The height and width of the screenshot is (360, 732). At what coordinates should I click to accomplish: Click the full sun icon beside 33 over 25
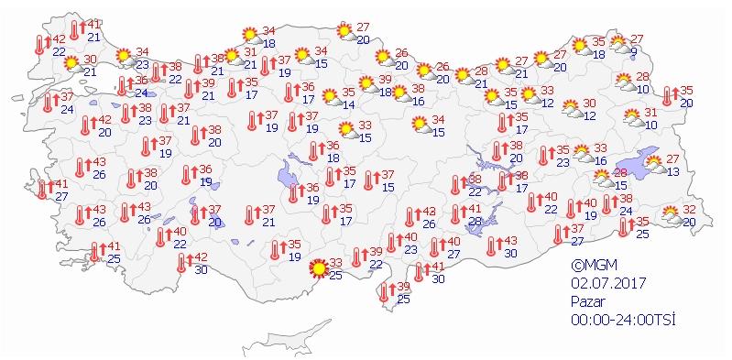pos(318,268)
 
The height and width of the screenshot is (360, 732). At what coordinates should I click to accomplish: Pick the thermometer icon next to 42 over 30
pos(181,263)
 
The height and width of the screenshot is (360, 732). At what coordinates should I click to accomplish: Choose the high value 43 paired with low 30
pos(510,240)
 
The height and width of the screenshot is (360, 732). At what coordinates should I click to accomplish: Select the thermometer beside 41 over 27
pos(40,190)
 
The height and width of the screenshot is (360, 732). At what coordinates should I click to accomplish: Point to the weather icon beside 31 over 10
pos(631,117)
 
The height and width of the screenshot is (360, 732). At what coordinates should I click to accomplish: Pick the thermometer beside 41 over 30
pos(420,272)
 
